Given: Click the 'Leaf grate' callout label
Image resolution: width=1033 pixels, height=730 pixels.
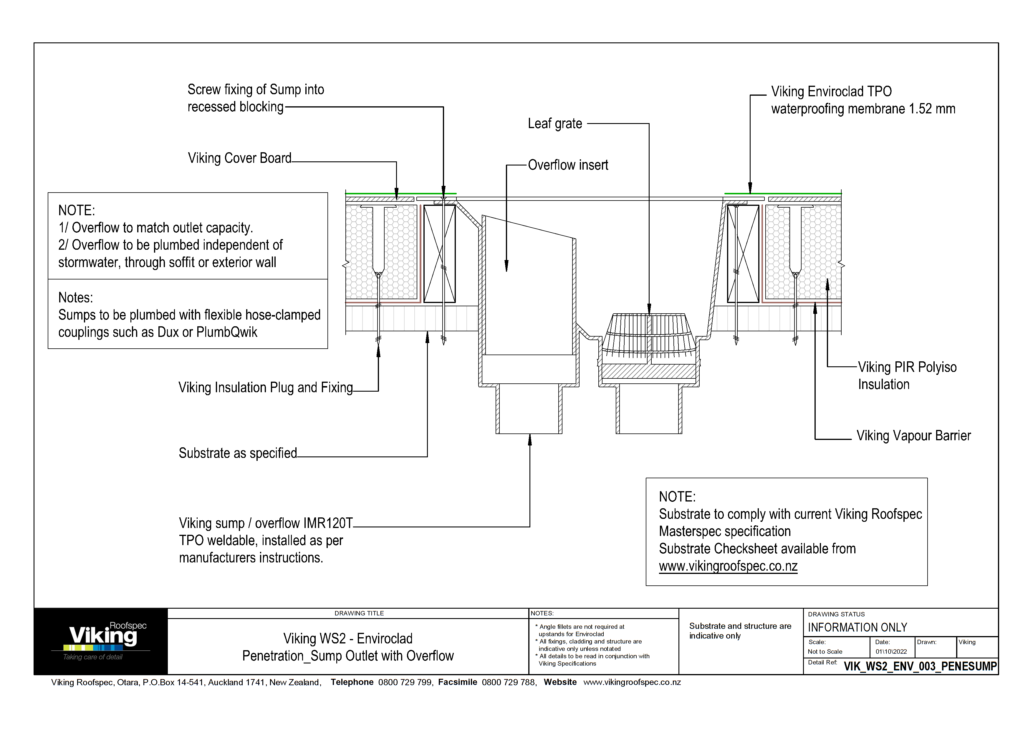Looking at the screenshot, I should pos(555,124).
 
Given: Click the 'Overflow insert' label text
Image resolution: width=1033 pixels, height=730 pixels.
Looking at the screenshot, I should pos(568,165).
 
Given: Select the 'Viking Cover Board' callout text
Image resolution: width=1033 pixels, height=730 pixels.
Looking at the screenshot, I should pos(239,158).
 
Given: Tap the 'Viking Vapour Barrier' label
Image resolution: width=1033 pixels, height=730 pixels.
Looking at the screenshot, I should pos(913,436).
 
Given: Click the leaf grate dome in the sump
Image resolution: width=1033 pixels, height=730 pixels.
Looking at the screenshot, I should pos(648,333).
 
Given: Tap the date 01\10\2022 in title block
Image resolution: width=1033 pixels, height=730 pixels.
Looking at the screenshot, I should pos(891,651).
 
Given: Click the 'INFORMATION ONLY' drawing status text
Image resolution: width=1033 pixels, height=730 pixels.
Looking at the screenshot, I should pos(857,628).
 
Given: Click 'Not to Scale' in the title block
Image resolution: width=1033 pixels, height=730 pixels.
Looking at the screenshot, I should pos(825,651).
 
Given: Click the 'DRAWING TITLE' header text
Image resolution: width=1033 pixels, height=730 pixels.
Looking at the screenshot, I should pos(359,613).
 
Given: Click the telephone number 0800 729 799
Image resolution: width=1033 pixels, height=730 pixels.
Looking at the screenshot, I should pos(405,682).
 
